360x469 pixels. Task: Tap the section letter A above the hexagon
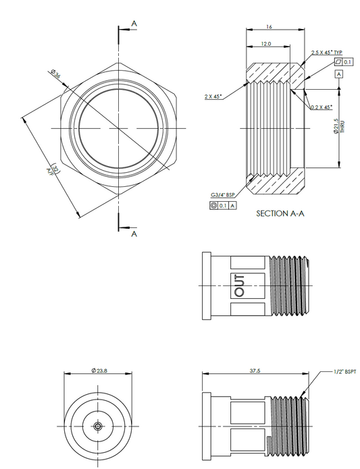134,24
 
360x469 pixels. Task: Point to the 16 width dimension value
269,27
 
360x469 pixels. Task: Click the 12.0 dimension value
266,44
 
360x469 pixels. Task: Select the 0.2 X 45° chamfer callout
321,107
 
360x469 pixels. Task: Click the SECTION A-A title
280,213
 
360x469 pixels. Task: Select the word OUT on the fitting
240,285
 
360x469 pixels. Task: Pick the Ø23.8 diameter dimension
100,370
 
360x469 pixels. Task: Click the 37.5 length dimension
255,370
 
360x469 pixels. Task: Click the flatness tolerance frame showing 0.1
343,62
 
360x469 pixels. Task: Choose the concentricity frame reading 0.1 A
223,203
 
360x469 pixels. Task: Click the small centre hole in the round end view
99,426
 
